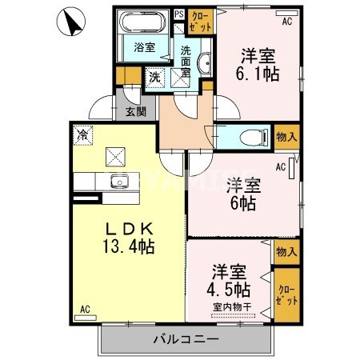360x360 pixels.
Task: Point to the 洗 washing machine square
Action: (154, 78)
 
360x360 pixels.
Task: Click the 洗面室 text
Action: (185, 60)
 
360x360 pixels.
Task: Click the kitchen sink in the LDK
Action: (120, 180)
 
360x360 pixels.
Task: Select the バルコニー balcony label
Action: (186, 340)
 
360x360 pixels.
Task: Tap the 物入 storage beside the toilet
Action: (286, 137)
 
